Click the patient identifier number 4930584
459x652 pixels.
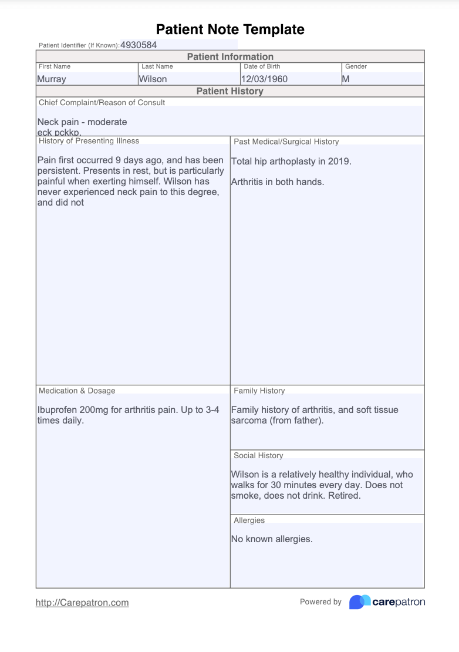pyautogui.click(x=139, y=45)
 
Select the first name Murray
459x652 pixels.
pyautogui.click(x=52, y=79)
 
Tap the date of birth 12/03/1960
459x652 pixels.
pyautogui.click(x=264, y=79)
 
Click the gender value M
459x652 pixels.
pyautogui.click(x=346, y=79)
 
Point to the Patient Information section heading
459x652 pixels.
pyautogui.click(x=230, y=56)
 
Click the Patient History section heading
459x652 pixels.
pyautogui.click(x=230, y=91)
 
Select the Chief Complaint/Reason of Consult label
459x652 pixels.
pyautogui.click(x=102, y=102)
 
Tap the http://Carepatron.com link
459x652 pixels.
pyautogui.click(x=82, y=602)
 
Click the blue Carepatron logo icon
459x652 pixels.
pyautogui.click(x=359, y=601)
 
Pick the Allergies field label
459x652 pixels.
pyautogui.click(x=249, y=520)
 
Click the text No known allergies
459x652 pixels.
pyautogui.click(x=272, y=539)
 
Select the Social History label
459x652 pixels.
pyautogui.click(x=258, y=455)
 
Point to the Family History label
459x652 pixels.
pyautogui.click(x=259, y=391)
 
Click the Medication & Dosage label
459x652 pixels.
pyautogui.click(x=77, y=391)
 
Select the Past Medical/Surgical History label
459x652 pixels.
pyautogui.click(x=286, y=142)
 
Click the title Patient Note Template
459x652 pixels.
pyautogui.click(x=230, y=29)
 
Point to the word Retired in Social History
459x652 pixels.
pyautogui.click(x=344, y=495)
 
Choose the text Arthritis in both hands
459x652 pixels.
pyautogui.click(x=278, y=182)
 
